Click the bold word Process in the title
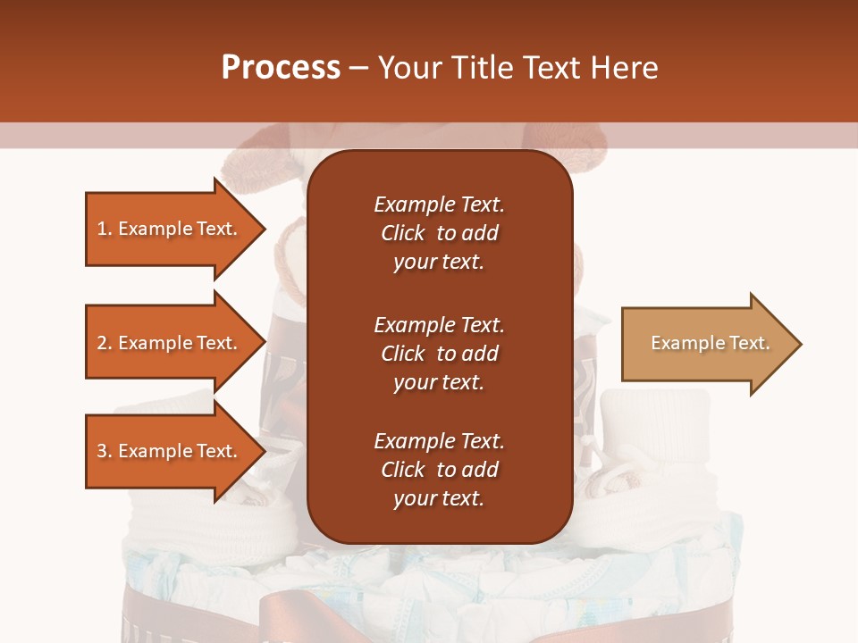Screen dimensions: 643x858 (281, 68)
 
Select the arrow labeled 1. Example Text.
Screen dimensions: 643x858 (170, 229)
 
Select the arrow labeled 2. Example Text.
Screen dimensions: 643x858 (170, 343)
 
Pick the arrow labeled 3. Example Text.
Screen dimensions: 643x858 (170, 451)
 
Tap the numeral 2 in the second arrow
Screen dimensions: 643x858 (101, 343)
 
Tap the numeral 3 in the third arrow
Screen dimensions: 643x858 (101, 451)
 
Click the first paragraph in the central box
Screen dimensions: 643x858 (439, 233)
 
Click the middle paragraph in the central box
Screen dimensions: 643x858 (439, 354)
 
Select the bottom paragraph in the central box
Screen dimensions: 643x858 (439, 470)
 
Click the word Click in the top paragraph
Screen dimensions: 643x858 (402, 233)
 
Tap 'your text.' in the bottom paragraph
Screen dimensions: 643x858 (439, 498)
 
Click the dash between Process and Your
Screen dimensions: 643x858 (358, 68)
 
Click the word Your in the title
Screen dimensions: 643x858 (408, 68)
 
